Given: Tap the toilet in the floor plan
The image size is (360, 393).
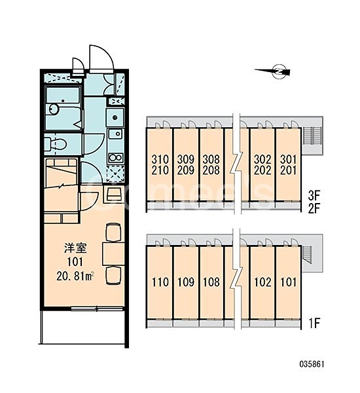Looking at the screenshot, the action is tap(56, 145).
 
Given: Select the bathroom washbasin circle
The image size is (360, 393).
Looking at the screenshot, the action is tap(54, 109).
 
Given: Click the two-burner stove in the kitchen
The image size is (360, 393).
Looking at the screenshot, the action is tap(115, 158).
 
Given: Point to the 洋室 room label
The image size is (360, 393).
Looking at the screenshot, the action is tap(75, 248).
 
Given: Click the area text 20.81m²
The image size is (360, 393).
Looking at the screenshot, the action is tap(75, 276).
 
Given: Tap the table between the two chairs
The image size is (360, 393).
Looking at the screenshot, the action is tap(113, 253).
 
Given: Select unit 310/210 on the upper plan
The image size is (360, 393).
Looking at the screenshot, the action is tap(160, 164).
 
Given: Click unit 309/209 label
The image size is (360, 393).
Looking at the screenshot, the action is tap(186, 164).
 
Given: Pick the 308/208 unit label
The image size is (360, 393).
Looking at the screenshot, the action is tap(211, 164).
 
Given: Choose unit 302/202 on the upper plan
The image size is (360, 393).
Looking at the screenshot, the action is tap(262, 164).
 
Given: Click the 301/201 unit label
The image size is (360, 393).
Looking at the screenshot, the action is tap(289, 164).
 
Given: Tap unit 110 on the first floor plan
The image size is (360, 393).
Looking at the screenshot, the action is tap(160, 282).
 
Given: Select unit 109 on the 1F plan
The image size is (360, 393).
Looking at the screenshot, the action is tap(186, 282).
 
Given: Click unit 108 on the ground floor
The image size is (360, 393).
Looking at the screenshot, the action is tap(211, 282).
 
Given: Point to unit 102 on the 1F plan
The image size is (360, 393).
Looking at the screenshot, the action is tap(262, 282).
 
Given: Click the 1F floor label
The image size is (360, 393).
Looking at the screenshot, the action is tap(314, 324).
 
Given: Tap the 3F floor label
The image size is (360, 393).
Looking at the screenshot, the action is tap(314, 195).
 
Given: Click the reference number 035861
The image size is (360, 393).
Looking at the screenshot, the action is tap(312, 364).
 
